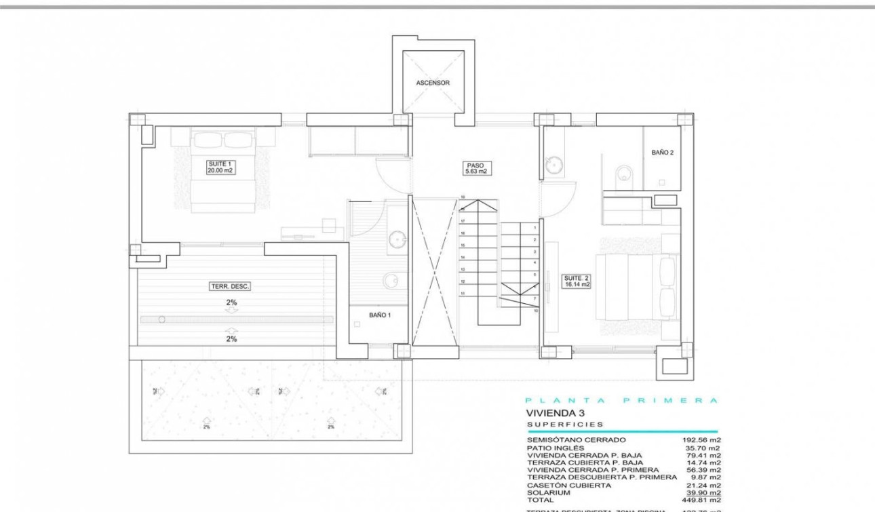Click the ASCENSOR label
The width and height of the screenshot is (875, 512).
point(433,83)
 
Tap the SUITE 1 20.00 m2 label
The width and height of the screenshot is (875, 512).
point(221,167)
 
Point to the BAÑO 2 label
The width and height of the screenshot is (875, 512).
point(662,153)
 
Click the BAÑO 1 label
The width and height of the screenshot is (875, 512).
point(380,315)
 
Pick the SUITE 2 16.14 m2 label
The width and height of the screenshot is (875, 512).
point(577,281)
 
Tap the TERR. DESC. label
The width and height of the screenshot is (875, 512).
point(230,287)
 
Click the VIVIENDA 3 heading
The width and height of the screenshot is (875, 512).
point(555,412)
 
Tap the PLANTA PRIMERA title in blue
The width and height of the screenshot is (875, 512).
point(621,401)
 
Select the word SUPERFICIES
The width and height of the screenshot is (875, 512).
point(565,425)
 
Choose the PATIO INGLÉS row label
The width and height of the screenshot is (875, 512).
point(555,448)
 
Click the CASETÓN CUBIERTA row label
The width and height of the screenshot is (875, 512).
point(568,485)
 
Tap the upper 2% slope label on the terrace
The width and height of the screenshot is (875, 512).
point(231,303)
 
